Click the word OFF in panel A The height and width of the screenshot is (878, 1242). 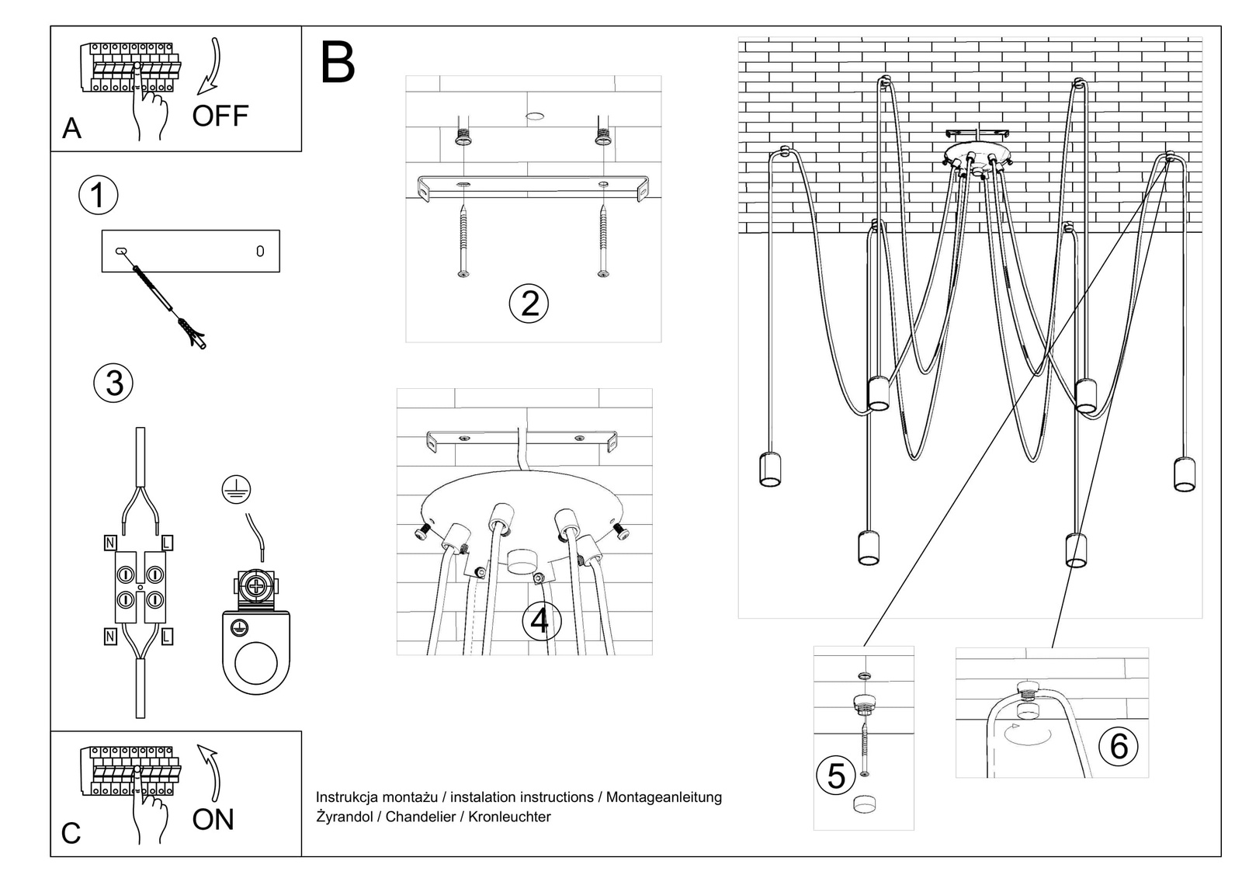click(x=220, y=116)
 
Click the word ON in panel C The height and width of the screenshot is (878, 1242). click(x=213, y=820)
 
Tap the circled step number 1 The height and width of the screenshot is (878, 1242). click(x=99, y=195)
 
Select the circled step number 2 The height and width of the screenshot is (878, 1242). click(x=529, y=304)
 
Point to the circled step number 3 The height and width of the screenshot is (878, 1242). click(x=113, y=383)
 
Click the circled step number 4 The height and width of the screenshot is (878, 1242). click(x=540, y=622)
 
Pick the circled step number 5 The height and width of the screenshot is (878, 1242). click(x=836, y=776)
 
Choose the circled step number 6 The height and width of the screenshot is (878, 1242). click(x=1119, y=746)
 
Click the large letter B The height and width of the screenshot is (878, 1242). click(x=338, y=63)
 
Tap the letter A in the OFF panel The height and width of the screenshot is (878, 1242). click(x=71, y=128)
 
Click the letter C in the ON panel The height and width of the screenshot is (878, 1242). click(x=71, y=834)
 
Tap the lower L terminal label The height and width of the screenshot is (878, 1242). click(x=167, y=637)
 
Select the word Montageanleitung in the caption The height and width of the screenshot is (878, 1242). click(x=664, y=797)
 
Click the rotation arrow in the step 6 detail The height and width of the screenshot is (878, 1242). click(x=1028, y=734)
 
